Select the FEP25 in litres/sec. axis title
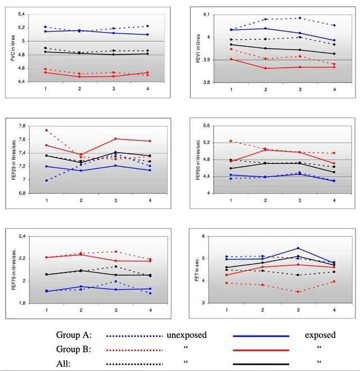(x=13, y=159)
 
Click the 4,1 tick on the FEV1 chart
(x=206, y=15)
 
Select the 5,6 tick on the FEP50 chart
(x=206, y=126)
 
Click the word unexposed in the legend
(x=187, y=335)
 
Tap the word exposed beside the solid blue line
(x=320, y=335)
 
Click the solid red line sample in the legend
(x=261, y=349)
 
